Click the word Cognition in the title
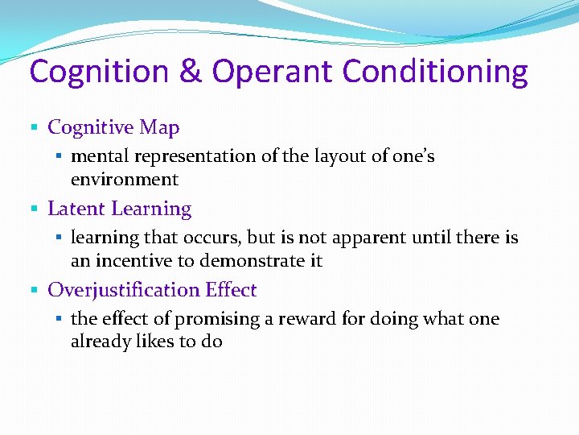pyautogui.click(x=98, y=72)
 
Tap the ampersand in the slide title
pyautogui.click(x=191, y=72)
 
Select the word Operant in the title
pyautogui.click(x=273, y=72)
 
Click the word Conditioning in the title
pyautogui.click(x=435, y=72)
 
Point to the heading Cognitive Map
pyautogui.click(x=113, y=127)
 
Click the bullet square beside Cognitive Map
pyautogui.click(x=34, y=127)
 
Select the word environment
pyautogui.click(x=124, y=179)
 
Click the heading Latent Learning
pyautogui.click(x=119, y=209)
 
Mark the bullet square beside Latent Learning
pyautogui.click(x=34, y=209)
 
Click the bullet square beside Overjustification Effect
pyautogui.click(x=34, y=291)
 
